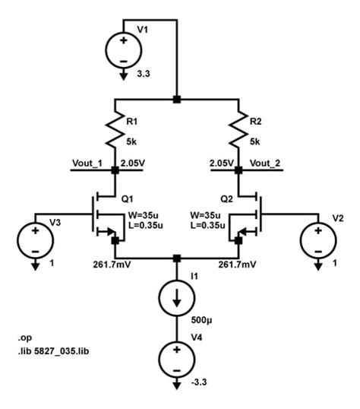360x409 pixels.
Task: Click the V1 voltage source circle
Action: (x=122, y=47)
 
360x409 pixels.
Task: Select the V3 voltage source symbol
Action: (x=34, y=239)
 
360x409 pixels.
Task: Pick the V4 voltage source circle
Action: (x=176, y=357)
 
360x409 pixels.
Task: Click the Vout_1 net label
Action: (x=87, y=163)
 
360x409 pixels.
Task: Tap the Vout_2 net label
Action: (x=264, y=163)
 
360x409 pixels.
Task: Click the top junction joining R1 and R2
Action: (x=176, y=100)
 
